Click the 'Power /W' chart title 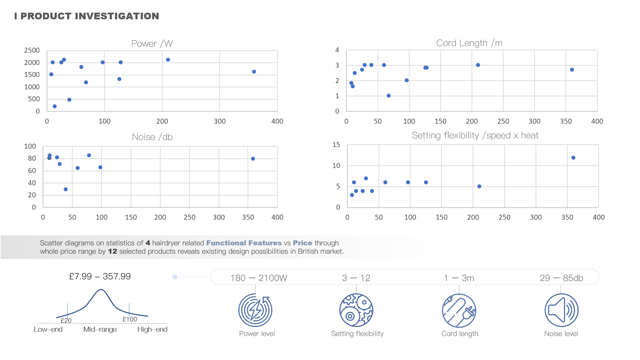[152, 44]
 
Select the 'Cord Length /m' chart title [469, 43]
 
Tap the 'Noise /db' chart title [152, 137]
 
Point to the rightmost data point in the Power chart [254, 72]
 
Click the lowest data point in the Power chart [55, 106]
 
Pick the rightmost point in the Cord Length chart [572, 70]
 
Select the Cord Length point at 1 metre [389, 96]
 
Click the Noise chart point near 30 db [66, 189]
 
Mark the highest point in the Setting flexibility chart [573, 158]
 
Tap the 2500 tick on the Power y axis [32, 50]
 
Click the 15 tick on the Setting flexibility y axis [336, 145]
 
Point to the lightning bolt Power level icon [255, 310]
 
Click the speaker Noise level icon [561, 310]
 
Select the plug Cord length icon [459, 310]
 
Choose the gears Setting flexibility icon [356, 310]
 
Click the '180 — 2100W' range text [259, 278]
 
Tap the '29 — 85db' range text [561, 278]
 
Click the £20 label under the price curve [66, 321]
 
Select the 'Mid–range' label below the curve [100, 329]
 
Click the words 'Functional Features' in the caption [244, 243]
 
